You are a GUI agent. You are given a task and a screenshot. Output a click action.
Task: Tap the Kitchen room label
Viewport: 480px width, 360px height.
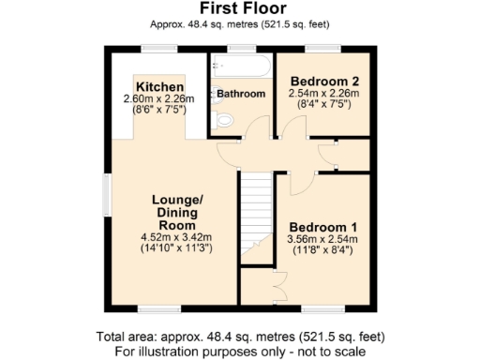[x=158, y=86]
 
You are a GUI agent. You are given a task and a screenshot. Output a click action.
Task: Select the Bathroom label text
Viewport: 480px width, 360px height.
[x=242, y=95]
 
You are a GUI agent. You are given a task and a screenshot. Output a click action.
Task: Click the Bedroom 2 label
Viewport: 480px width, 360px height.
[x=324, y=80]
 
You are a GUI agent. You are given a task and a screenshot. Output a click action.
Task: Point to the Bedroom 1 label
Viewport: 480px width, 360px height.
[x=322, y=227]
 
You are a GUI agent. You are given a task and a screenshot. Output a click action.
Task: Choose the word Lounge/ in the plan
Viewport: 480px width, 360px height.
[x=177, y=200]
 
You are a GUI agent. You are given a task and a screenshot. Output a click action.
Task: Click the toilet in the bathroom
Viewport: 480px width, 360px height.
[x=221, y=121]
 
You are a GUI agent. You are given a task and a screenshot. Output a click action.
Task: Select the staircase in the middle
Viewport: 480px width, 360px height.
[x=254, y=214]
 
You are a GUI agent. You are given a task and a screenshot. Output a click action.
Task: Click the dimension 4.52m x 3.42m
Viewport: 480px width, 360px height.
[x=176, y=237]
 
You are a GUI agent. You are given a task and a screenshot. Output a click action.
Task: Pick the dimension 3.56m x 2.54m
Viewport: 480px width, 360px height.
[x=322, y=239]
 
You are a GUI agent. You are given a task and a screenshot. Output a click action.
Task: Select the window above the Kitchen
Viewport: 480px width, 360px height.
[x=159, y=47]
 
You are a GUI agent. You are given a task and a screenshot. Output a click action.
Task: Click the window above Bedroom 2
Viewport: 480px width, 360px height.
[x=323, y=47]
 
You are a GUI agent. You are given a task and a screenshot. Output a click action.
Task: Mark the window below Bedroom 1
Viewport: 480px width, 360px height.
[x=322, y=308]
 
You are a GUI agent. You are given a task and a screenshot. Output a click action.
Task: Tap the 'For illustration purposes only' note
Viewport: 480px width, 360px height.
[x=239, y=351]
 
